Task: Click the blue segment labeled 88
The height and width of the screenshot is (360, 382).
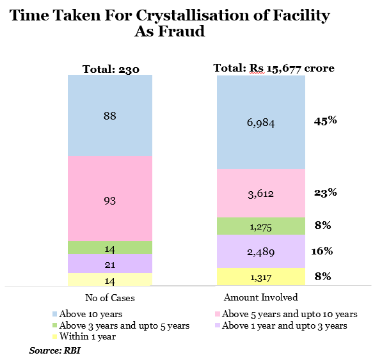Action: click(x=110, y=115)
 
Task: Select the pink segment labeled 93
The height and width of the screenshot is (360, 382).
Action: click(x=110, y=199)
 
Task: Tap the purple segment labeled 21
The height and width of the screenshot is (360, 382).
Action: click(x=110, y=263)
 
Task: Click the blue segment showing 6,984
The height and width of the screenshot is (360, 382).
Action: click(x=261, y=122)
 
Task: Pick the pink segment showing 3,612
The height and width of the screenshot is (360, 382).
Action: click(x=261, y=193)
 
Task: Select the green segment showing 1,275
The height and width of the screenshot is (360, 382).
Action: click(x=261, y=226)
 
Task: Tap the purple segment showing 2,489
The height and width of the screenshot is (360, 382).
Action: click(x=261, y=251)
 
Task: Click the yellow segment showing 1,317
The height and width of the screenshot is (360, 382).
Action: click(x=261, y=276)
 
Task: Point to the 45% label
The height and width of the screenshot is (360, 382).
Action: click(x=325, y=121)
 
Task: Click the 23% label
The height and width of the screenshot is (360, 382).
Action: click(x=326, y=192)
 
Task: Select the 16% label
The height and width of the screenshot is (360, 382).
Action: click(x=322, y=251)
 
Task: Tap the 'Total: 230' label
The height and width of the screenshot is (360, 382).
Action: click(x=111, y=69)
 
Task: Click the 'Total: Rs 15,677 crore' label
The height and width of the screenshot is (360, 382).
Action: click(x=274, y=68)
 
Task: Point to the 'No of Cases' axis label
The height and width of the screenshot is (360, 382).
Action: click(x=110, y=298)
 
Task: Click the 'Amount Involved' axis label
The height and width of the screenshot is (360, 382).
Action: click(x=260, y=297)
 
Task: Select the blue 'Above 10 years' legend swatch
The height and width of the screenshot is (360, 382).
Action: click(x=55, y=314)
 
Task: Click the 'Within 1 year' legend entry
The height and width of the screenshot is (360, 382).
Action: click(x=84, y=336)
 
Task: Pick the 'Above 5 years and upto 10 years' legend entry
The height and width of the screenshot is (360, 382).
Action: click(x=286, y=314)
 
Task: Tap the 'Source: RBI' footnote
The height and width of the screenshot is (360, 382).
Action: click(x=54, y=350)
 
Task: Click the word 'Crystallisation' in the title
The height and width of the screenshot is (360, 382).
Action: click(x=193, y=15)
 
